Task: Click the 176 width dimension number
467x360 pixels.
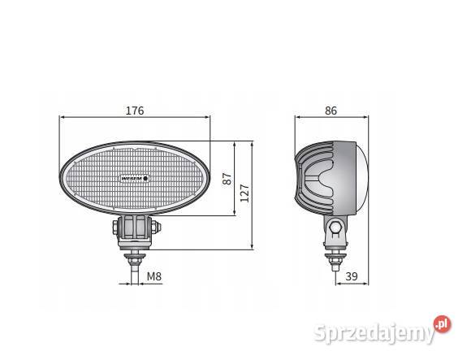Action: pos(135,111)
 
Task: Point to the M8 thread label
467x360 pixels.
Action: pos(154,277)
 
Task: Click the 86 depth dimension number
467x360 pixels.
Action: pos(331,111)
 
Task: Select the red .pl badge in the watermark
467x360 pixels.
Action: pos(442,323)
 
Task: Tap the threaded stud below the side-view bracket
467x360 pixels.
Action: pos(336,262)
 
